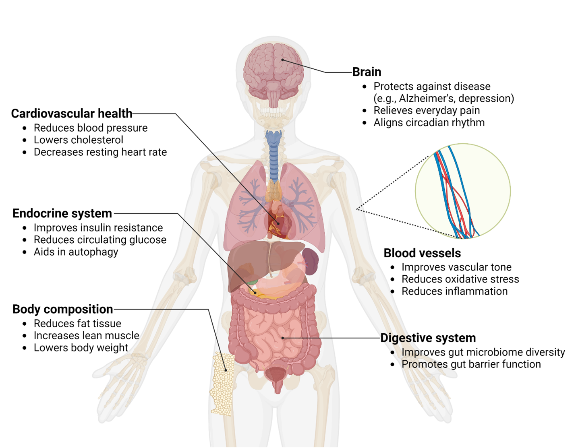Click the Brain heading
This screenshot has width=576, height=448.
pyautogui.click(x=367, y=72)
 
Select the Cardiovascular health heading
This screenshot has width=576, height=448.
pyautogui.click(x=72, y=114)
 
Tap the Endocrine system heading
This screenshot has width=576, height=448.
pyautogui.click(x=62, y=213)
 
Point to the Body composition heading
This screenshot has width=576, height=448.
pyautogui.click(x=63, y=309)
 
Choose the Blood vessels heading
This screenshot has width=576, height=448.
pyautogui.click(x=422, y=253)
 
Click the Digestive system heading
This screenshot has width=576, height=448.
pyautogui.click(x=428, y=338)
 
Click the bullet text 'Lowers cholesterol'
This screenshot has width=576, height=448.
pyautogui.click(x=79, y=140)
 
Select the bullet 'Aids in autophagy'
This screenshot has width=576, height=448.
pyautogui.click(x=76, y=252)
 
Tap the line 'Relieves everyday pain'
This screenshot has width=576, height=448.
pyautogui.click(x=427, y=110)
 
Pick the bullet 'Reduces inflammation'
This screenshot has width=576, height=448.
pyautogui.click(x=454, y=291)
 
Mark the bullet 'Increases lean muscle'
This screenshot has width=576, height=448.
pyautogui.click(x=87, y=336)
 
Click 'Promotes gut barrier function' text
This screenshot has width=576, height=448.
pyautogui.click(x=471, y=364)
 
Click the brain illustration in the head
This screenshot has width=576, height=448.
pyautogui.click(x=274, y=70)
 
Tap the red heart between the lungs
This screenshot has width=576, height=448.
pyautogui.click(x=278, y=221)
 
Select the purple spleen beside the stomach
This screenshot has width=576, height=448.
pyautogui.click(x=310, y=260)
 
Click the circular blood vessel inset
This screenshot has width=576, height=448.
pyautogui.click(x=463, y=191)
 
